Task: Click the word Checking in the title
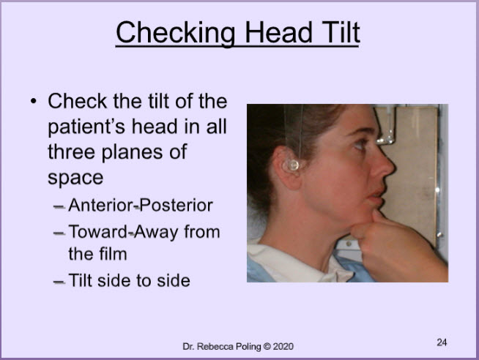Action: click(x=175, y=33)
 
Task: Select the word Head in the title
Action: click(x=278, y=32)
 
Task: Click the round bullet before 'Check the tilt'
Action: click(x=34, y=101)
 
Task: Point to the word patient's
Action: click(x=86, y=127)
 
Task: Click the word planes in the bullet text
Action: click(x=132, y=152)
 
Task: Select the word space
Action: click(x=75, y=178)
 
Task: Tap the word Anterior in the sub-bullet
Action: click(x=101, y=205)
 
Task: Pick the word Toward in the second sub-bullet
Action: click(x=97, y=232)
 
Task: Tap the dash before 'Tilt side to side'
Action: click(x=59, y=282)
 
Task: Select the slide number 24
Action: click(x=442, y=342)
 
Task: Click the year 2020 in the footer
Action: click(x=283, y=347)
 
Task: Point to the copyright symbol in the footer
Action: click(x=267, y=347)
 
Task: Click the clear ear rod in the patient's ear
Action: click(x=293, y=165)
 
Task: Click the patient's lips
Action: click(x=376, y=196)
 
